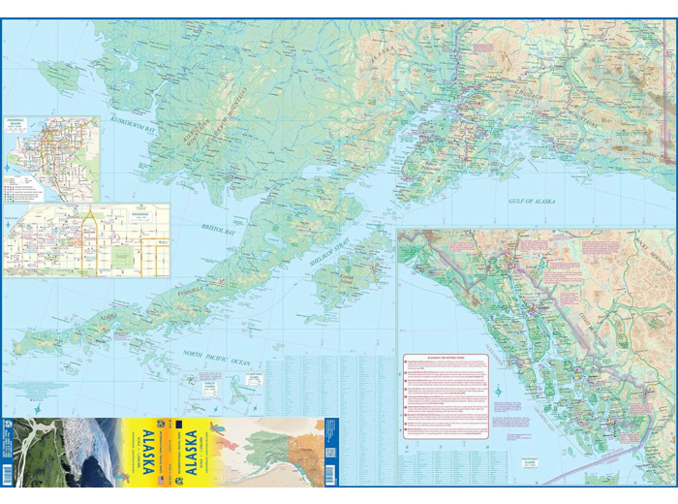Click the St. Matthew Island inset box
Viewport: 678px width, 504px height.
click(253, 381)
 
